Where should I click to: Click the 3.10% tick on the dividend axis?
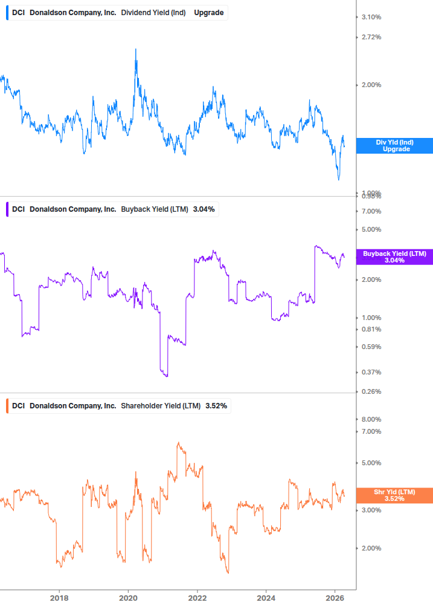click(371, 17)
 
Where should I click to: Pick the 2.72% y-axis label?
click(371, 38)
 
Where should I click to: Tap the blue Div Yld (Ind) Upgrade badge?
click(394, 145)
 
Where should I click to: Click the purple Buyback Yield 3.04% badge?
click(394, 257)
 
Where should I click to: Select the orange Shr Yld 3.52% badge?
click(394, 495)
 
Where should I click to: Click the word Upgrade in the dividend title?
click(208, 12)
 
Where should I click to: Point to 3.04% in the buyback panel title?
click(204, 209)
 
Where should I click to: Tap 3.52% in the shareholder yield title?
click(216, 406)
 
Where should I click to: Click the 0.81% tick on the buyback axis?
click(371, 329)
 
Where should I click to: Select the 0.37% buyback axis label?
click(371, 372)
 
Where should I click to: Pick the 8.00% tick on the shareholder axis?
click(371, 419)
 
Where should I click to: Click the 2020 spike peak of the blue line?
click(135, 50)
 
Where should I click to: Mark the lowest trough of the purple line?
click(166, 377)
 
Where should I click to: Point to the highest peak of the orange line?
click(178, 443)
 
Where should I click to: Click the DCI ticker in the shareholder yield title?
click(18, 406)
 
